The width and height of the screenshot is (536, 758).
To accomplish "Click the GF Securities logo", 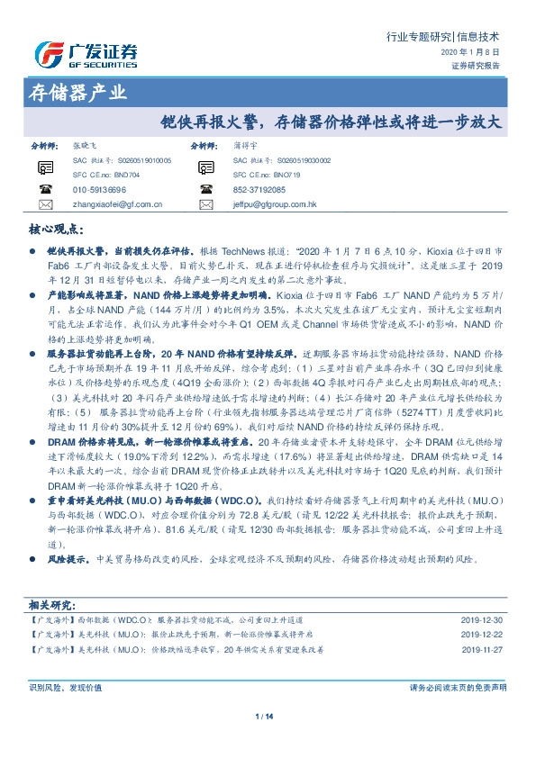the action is (x=86, y=55).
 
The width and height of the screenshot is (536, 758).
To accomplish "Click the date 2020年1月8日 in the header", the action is (x=482, y=53).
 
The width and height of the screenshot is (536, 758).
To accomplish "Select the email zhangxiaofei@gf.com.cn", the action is (x=116, y=204).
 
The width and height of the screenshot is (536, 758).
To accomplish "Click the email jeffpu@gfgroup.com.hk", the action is (x=275, y=204).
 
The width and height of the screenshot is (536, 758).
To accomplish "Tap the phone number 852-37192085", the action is (x=259, y=190).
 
